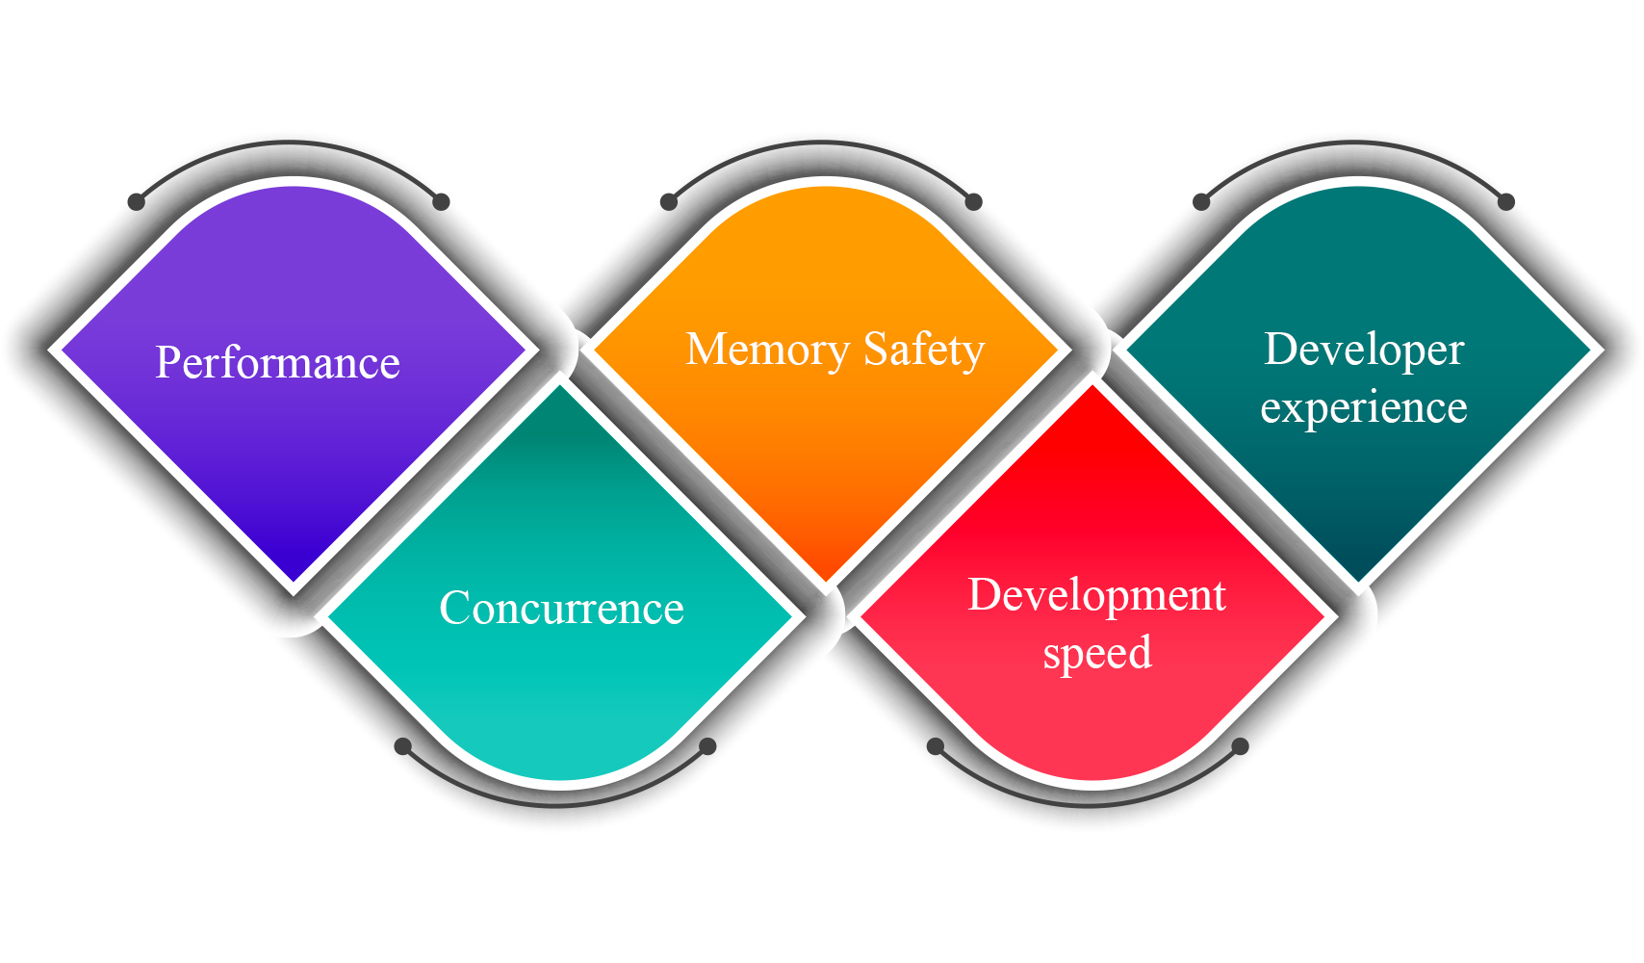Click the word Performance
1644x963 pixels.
(x=277, y=363)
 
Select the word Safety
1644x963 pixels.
(x=924, y=350)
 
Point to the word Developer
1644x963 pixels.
(x=1364, y=350)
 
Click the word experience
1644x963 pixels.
(x=1364, y=408)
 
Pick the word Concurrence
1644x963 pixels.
(x=561, y=609)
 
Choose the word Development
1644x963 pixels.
(x=1096, y=595)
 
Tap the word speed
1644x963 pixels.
(x=1097, y=653)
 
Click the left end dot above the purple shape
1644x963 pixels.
(x=137, y=202)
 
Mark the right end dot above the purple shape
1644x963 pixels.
(x=441, y=202)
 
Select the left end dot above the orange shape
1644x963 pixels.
(x=669, y=202)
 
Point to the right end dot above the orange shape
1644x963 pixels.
(x=973, y=202)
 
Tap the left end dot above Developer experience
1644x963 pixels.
(x=1201, y=202)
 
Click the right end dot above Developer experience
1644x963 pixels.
(x=1506, y=202)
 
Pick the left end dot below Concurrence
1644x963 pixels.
(x=403, y=746)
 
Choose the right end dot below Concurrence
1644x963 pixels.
(x=707, y=746)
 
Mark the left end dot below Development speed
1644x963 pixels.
(x=936, y=746)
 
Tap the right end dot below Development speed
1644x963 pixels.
(x=1241, y=746)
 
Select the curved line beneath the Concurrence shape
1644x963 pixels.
(x=555, y=804)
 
